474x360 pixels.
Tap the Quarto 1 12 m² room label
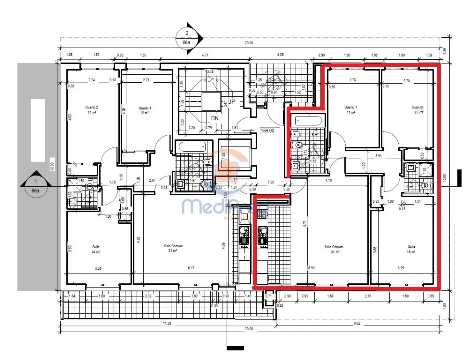(x=145, y=110)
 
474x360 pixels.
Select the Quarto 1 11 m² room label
(x=350, y=110)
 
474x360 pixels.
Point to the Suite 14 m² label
(x=96, y=249)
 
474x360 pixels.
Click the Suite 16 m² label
(x=412, y=249)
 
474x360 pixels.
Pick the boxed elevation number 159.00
(x=268, y=131)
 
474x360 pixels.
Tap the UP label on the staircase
(x=231, y=102)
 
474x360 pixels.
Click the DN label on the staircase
(x=214, y=119)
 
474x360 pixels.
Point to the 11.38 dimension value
(x=167, y=323)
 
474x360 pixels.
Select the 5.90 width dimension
(x=312, y=268)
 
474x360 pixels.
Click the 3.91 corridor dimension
(x=379, y=156)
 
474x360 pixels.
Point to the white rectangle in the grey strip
(x=38, y=130)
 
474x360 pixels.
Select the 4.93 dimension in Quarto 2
(x=70, y=118)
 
